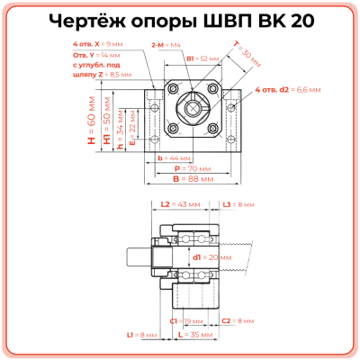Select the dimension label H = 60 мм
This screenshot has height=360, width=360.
coord(92,129)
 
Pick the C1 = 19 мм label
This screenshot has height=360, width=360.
coord(185,320)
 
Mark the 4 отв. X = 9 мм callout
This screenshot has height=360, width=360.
coord(98,43)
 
